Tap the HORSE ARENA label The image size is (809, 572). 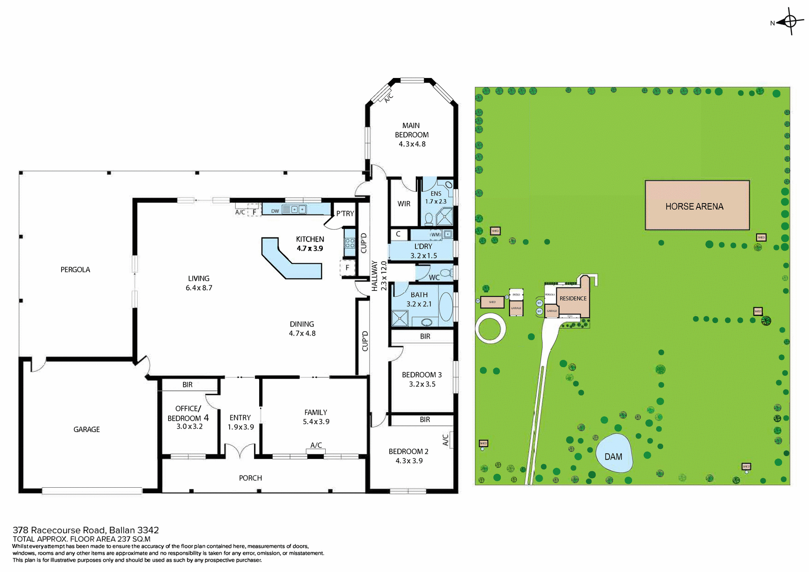tap(694, 207)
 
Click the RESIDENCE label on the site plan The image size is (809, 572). tap(573, 298)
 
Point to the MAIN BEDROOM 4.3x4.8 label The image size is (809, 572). tap(412, 135)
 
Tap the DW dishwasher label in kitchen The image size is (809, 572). tap(275, 211)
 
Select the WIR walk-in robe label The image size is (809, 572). tap(404, 204)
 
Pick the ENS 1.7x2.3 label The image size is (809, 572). tap(436, 198)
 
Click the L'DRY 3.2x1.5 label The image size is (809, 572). tap(423, 251)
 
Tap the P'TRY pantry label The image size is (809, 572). tap(345, 214)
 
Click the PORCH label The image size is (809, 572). tap(250, 478)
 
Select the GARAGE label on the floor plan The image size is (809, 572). tap(86, 430)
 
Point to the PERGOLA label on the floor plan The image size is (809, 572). tap(75, 270)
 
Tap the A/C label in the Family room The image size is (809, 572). tap(316, 445)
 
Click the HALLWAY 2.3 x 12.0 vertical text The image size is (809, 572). tap(379, 276)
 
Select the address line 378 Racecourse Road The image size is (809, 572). tap(86, 530)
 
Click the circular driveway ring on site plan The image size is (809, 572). tap(490, 328)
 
